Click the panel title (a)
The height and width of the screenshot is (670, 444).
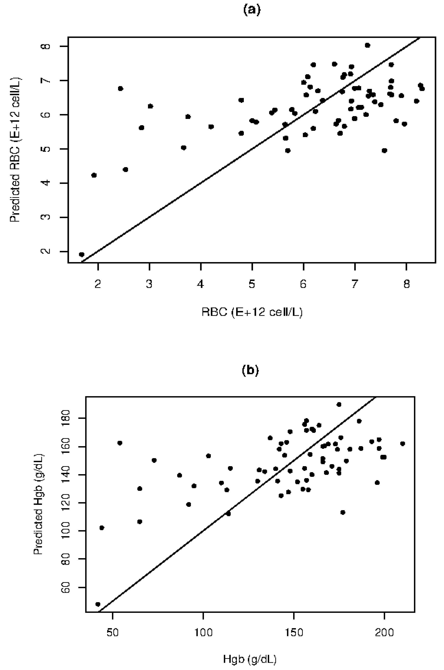[251, 10]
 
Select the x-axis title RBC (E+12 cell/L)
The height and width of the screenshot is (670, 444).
[252, 312]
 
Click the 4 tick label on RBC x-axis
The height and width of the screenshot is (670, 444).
[201, 284]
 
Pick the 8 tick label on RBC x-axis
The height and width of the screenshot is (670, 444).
[406, 284]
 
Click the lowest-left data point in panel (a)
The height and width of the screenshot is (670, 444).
[81, 254]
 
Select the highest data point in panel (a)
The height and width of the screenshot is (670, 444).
[368, 45]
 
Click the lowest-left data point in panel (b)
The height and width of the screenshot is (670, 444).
[98, 604]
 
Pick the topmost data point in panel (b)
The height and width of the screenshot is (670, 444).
[339, 405]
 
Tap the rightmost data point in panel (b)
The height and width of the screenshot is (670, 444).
[403, 444]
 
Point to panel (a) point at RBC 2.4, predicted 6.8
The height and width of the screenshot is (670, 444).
[120, 88]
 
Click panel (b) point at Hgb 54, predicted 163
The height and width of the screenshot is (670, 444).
[120, 443]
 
